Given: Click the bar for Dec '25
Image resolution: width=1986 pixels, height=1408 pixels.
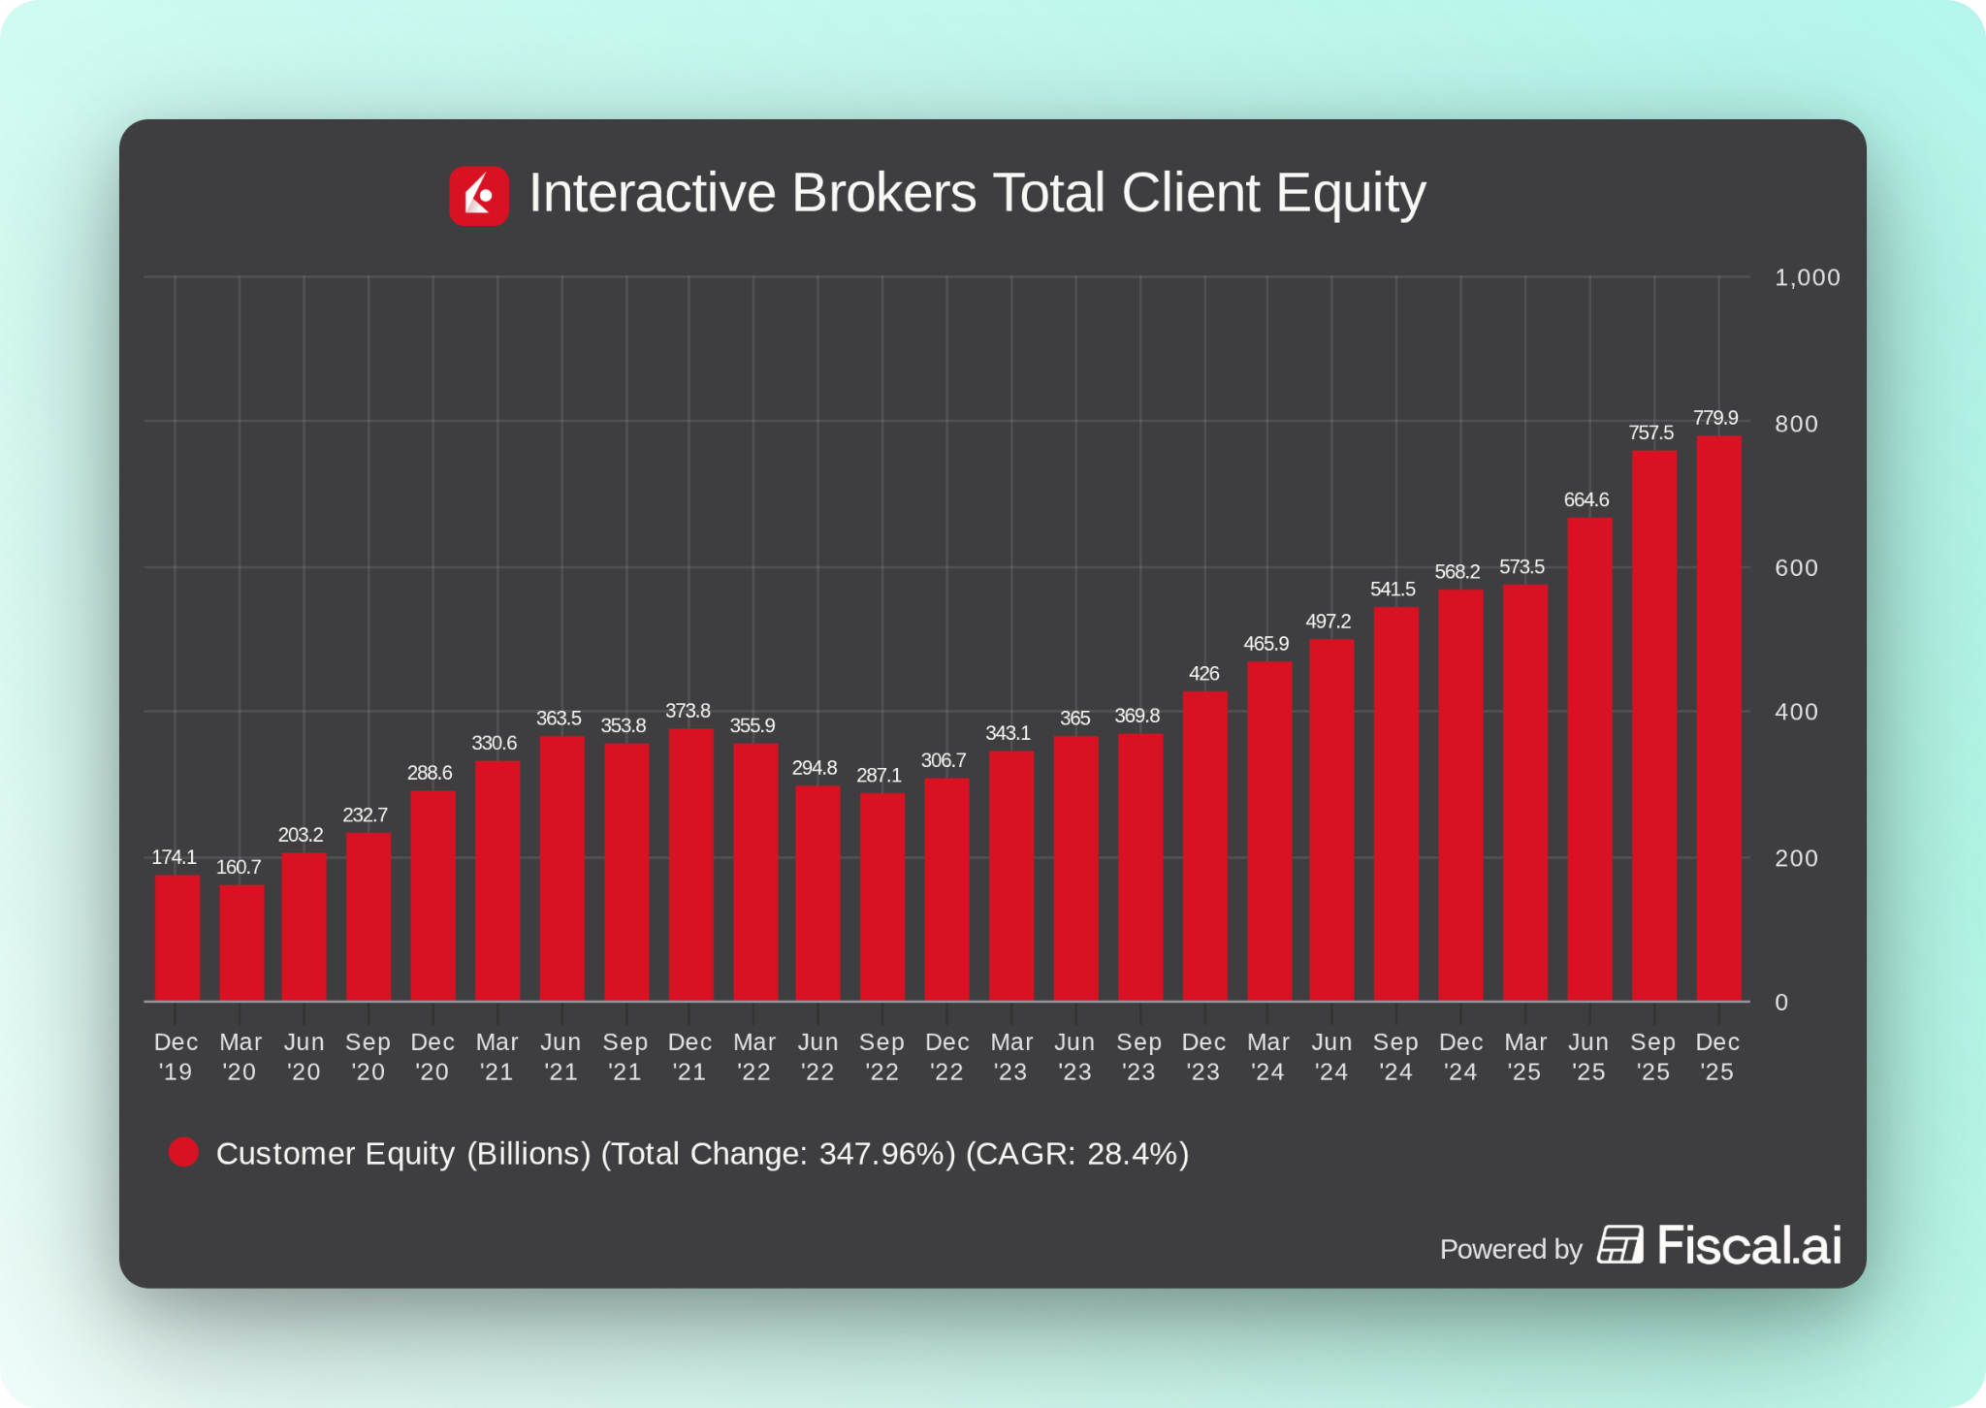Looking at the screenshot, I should click(1718, 718).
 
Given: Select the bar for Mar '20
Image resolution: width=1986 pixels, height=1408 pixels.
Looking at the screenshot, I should click(241, 942).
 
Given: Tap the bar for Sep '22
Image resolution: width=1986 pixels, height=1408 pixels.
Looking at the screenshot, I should click(881, 897).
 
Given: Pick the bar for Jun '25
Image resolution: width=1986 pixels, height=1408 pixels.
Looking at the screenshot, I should click(1589, 758).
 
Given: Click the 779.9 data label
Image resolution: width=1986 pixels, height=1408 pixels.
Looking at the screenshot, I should click(1715, 418).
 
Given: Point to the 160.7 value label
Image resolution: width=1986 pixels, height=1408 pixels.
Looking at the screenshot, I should click(239, 867).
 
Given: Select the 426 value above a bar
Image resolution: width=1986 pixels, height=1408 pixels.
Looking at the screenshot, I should click(1203, 674).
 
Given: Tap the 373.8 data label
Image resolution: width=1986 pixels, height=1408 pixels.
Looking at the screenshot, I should click(688, 711).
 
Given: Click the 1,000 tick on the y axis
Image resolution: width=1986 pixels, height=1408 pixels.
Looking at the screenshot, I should click(1807, 278).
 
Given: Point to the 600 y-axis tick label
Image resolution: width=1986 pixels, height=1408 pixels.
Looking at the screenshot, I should click(1796, 568).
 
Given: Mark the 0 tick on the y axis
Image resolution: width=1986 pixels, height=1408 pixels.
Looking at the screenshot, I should click(1781, 1003).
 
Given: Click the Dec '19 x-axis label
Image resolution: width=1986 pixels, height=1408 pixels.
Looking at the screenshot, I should click(176, 1057).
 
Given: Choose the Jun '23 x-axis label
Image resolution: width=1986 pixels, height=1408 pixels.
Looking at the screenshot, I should click(1074, 1057).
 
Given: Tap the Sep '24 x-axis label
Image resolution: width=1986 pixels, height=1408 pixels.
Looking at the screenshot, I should click(1395, 1057).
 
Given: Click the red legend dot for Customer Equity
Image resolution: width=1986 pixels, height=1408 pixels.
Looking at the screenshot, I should click(183, 1153).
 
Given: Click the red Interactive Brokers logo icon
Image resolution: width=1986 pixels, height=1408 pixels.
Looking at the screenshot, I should click(479, 196).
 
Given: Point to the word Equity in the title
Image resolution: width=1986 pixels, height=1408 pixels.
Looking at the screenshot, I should click(1351, 193).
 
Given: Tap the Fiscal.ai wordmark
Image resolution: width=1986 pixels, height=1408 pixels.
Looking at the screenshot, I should click(1748, 1245).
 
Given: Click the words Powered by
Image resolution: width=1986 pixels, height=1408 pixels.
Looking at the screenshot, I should click(1510, 1249).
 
